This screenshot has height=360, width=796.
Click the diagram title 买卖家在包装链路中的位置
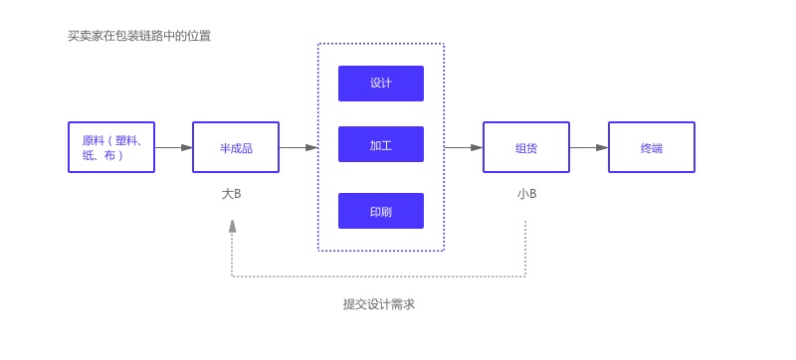click(x=139, y=36)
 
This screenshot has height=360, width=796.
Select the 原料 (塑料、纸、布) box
click(x=111, y=147)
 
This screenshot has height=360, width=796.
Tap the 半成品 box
click(x=236, y=147)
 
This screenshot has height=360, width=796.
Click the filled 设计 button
click(x=381, y=84)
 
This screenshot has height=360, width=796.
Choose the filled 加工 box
click(x=381, y=144)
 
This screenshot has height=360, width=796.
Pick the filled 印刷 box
click(x=381, y=211)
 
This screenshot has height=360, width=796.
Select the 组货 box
click(x=526, y=147)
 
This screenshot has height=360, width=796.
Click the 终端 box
click(x=652, y=147)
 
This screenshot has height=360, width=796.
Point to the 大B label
click(x=231, y=194)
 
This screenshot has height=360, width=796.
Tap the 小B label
click(x=526, y=194)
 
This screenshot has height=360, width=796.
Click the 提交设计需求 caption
click(x=379, y=304)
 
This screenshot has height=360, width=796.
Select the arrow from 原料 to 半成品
click(x=174, y=147)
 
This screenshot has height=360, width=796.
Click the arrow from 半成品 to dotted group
click(x=298, y=147)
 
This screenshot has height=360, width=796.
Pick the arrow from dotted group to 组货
click(x=464, y=147)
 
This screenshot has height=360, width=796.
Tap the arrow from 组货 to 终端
click(x=589, y=147)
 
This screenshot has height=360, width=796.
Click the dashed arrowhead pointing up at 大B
click(x=232, y=226)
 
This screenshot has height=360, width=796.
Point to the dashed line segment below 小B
click(x=525, y=249)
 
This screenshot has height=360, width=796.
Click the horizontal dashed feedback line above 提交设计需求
click(x=378, y=276)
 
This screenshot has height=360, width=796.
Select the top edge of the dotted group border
click(x=381, y=44)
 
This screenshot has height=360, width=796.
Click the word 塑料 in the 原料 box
click(x=128, y=140)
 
